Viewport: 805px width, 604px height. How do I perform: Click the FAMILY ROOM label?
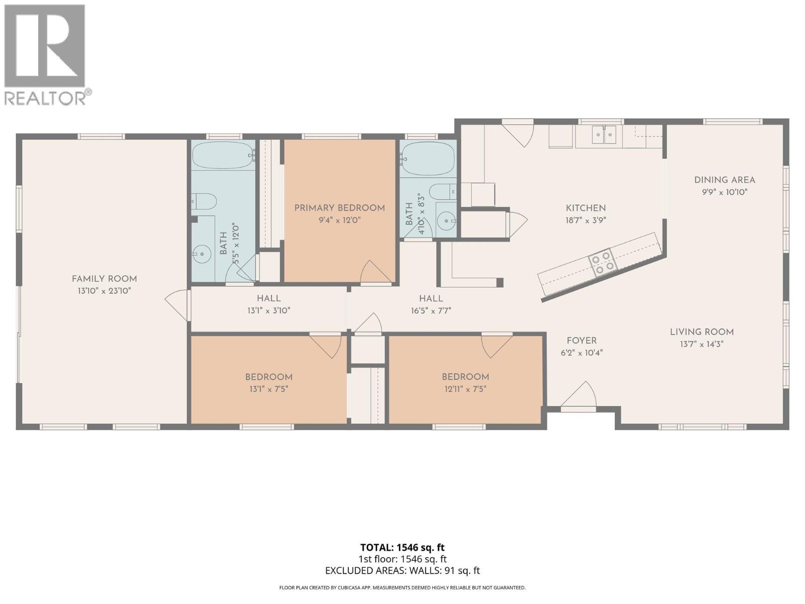point(104,279)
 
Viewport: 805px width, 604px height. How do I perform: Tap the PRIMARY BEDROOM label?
point(340,208)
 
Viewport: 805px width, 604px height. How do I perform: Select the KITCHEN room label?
point(586,208)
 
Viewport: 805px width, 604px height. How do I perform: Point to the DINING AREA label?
point(725,180)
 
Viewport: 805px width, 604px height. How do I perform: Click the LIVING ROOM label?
point(701,332)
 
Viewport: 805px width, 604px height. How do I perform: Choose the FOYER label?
point(582,341)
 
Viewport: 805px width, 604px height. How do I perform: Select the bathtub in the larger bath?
point(223,156)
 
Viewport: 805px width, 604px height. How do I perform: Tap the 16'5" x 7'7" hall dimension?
point(431,311)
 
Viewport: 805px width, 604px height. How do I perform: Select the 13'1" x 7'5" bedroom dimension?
point(269,389)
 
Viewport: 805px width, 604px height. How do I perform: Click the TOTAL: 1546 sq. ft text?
point(402,547)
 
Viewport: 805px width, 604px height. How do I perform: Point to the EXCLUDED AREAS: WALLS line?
point(402,570)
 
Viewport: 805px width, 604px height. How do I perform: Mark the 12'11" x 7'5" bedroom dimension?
point(465,389)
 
